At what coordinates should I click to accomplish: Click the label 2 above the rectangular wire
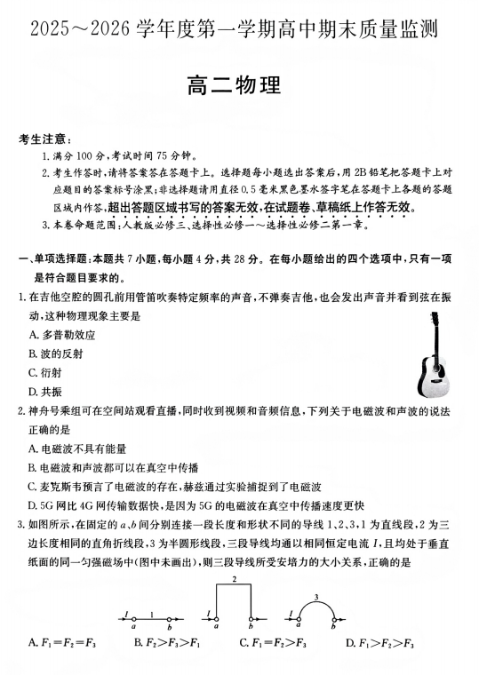point(234,579)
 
